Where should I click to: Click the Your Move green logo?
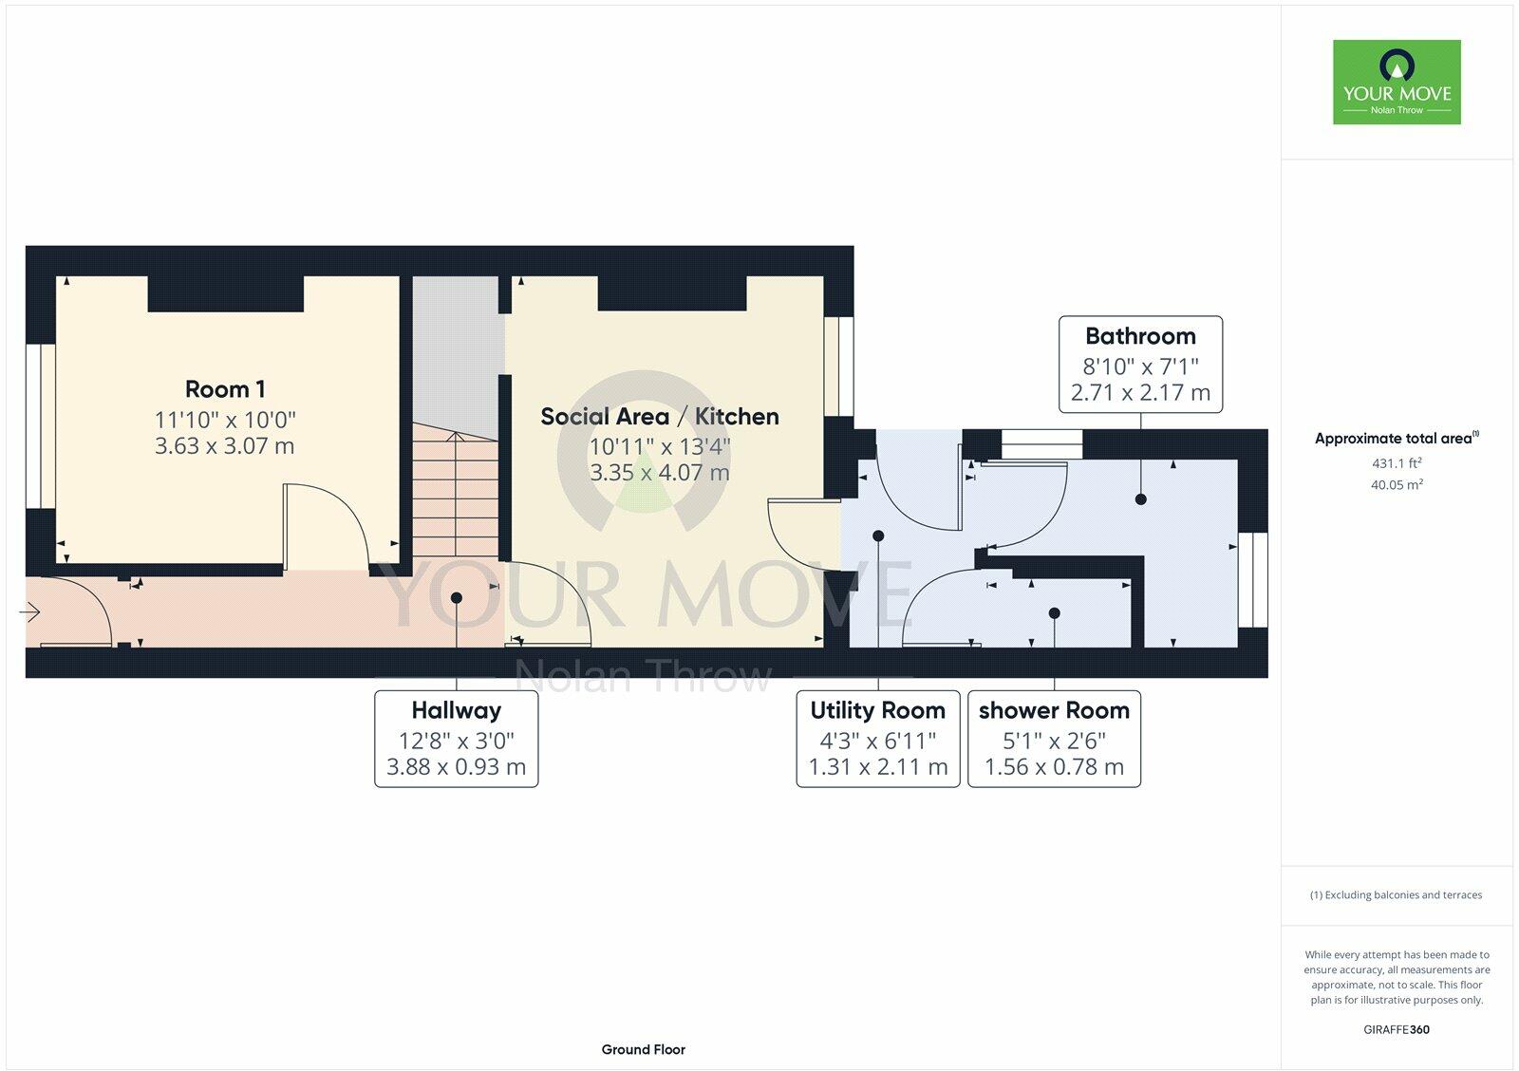click(1397, 82)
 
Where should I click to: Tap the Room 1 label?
click(225, 389)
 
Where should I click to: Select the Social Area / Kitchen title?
click(660, 416)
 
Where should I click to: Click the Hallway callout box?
click(457, 739)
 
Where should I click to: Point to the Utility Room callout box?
click(877, 739)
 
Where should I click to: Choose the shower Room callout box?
click(1054, 739)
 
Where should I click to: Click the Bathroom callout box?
click(1140, 365)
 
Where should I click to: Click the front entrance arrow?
click(29, 613)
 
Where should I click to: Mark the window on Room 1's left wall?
click(41, 424)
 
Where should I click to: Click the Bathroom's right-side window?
click(1253, 579)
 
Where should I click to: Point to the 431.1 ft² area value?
click(1397, 463)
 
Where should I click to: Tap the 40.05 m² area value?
click(1397, 484)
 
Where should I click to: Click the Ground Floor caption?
click(643, 1049)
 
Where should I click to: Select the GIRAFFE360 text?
click(1397, 1029)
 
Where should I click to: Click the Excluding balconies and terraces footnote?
click(1396, 894)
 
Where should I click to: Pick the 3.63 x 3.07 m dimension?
click(225, 445)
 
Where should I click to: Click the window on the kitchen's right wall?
click(839, 366)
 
